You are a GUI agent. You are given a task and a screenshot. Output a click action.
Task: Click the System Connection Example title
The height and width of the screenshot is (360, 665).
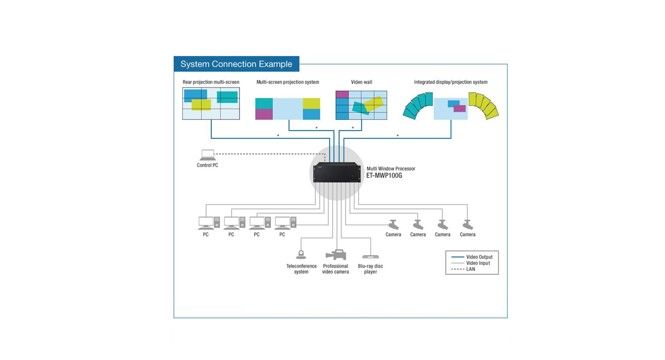[236, 64]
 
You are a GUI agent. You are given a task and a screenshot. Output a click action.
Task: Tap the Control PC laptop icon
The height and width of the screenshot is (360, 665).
[207, 155]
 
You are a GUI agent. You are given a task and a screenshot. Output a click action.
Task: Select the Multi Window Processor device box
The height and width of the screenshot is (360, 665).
[337, 173]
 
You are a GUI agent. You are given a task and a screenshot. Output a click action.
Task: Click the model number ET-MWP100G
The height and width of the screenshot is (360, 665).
[384, 176]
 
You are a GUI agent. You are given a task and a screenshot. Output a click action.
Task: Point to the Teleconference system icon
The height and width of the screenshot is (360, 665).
[301, 255]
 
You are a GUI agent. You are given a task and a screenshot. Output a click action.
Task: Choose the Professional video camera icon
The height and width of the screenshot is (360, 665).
[336, 255]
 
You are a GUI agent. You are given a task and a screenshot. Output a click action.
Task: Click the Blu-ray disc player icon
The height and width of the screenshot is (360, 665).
[370, 257]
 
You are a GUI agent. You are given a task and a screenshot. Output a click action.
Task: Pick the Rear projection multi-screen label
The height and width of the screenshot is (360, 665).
[211, 83]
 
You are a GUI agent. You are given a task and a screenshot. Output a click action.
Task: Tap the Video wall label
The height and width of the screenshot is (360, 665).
[361, 83]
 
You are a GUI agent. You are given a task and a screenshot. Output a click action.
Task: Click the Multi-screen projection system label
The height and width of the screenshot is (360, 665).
[288, 83]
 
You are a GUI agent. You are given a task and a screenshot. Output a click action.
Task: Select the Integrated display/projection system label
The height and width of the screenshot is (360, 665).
[451, 83]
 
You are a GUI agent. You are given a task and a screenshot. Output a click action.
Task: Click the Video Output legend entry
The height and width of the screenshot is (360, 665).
[479, 257]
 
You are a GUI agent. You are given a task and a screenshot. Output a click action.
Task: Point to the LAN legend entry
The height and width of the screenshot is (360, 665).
[470, 269]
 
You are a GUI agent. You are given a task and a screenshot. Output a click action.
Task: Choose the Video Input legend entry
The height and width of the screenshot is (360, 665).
[478, 263]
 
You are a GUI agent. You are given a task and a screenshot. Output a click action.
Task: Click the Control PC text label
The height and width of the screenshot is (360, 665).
[207, 166]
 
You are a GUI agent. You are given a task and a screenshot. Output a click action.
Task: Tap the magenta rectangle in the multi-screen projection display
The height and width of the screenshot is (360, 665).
[264, 114]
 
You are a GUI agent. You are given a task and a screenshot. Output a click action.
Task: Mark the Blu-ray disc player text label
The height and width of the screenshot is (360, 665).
[370, 269]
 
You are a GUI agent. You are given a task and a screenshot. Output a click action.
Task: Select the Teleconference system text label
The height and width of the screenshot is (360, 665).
[301, 269]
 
